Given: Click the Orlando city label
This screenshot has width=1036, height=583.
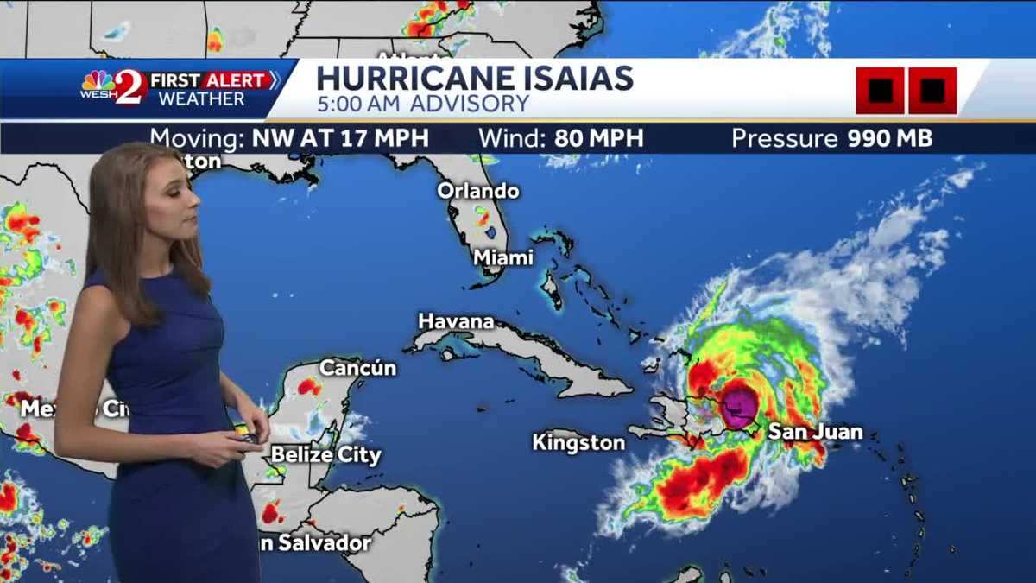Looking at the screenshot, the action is click(x=477, y=191).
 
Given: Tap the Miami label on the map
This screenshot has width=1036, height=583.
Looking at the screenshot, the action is click(x=503, y=257).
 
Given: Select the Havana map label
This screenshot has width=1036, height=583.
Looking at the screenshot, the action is click(x=456, y=321).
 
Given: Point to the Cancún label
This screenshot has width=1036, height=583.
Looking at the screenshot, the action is click(x=357, y=368).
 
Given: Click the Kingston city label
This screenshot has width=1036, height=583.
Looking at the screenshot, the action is click(x=578, y=443).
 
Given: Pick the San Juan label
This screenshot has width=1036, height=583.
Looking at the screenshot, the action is click(x=814, y=432).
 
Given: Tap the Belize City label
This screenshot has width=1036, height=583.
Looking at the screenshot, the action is click(x=325, y=455).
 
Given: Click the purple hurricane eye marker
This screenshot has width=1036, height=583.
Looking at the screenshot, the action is click(x=740, y=406).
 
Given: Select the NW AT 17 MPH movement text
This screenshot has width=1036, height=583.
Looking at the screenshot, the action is click(x=339, y=138).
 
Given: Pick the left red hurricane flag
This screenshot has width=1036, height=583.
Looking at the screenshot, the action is click(x=880, y=90).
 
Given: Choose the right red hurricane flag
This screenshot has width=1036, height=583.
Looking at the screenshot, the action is click(x=932, y=90).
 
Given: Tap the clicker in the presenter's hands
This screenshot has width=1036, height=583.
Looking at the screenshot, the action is click(x=248, y=438).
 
